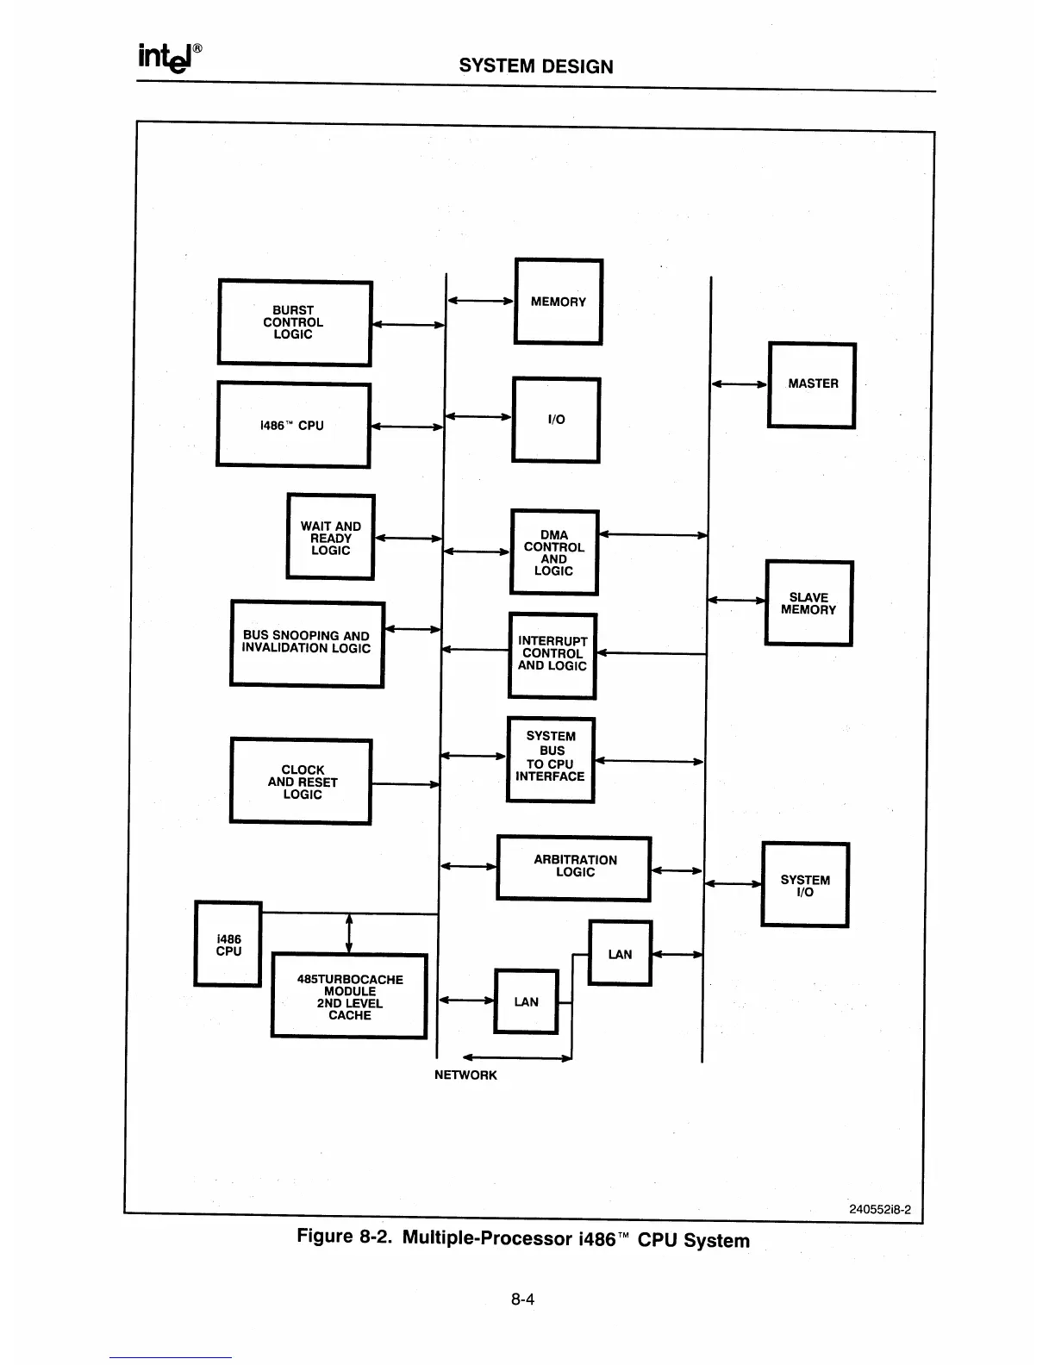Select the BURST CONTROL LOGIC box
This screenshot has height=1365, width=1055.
point(295,323)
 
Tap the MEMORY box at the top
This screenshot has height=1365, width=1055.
point(558,302)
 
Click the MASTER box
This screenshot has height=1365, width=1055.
point(811,384)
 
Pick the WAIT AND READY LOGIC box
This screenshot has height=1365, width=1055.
point(330,537)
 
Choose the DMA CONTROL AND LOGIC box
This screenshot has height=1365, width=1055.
point(554,552)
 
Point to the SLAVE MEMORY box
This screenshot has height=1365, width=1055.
point(808,603)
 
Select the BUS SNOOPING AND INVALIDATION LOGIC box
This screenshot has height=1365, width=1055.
point(307,643)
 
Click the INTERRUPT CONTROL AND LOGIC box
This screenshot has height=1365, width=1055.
point(552,655)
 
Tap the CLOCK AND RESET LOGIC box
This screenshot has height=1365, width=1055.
point(301,782)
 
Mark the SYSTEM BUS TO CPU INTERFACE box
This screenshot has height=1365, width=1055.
point(551,758)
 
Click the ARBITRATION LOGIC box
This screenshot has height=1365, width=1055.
point(574,868)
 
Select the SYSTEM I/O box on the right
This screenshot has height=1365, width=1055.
point(805,885)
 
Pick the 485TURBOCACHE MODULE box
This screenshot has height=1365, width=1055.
point(349,996)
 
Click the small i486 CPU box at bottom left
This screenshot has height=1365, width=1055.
point(228,944)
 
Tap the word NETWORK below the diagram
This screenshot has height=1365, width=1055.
point(465,1075)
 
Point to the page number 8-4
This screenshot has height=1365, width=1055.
point(522,1299)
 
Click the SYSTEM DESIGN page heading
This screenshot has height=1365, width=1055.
point(536,66)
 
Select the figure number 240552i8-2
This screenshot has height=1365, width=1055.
point(880,1209)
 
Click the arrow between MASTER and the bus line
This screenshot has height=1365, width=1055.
point(739,384)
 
